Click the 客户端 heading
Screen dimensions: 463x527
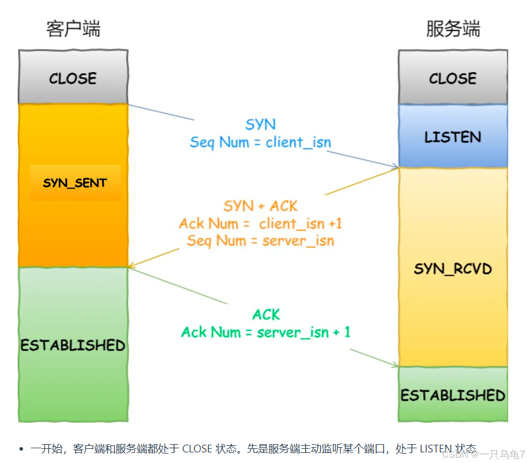pos(73,29)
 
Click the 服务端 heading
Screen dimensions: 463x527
pos(453,29)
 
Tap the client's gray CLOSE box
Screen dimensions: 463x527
pos(73,78)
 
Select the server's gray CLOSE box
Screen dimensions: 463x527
pos(453,78)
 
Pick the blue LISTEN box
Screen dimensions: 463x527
pos(453,137)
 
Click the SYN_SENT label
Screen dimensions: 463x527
pos(75,183)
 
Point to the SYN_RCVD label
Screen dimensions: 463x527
pos(453,269)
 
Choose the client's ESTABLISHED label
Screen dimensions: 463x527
pos(73,345)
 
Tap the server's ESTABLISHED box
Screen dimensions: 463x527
pos(453,394)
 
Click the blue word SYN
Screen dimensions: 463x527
pos(261,124)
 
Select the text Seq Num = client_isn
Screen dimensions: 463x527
pos(261,142)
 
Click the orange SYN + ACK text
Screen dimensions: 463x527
pos(261,206)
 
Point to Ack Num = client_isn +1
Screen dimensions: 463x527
pos(261,224)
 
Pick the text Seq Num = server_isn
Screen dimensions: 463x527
pos(261,241)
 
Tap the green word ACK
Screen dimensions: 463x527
pos(266,314)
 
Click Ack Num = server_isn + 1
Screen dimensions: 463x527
pos(266,332)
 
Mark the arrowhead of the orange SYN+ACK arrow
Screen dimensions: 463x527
pos(131,267)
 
